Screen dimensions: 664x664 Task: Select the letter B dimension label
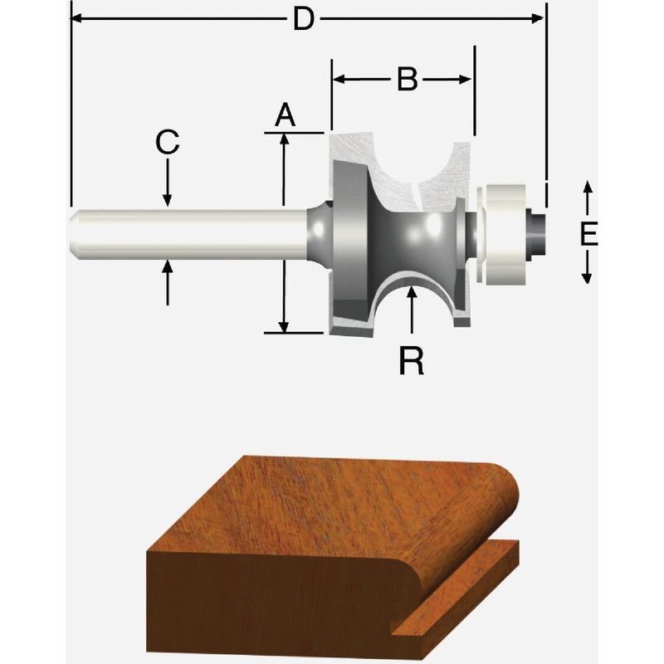click(x=406, y=80)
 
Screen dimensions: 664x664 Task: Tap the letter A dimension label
click(x=285, y=115)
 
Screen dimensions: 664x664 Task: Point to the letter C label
click(x=168, y=143)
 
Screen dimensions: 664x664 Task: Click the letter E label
click(x=588, y=235)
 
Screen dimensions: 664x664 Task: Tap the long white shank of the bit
click(x=191, y=233)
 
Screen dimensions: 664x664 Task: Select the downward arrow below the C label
click(x=168, y=199)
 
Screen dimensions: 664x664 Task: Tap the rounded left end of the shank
click(x=74, y=233)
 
